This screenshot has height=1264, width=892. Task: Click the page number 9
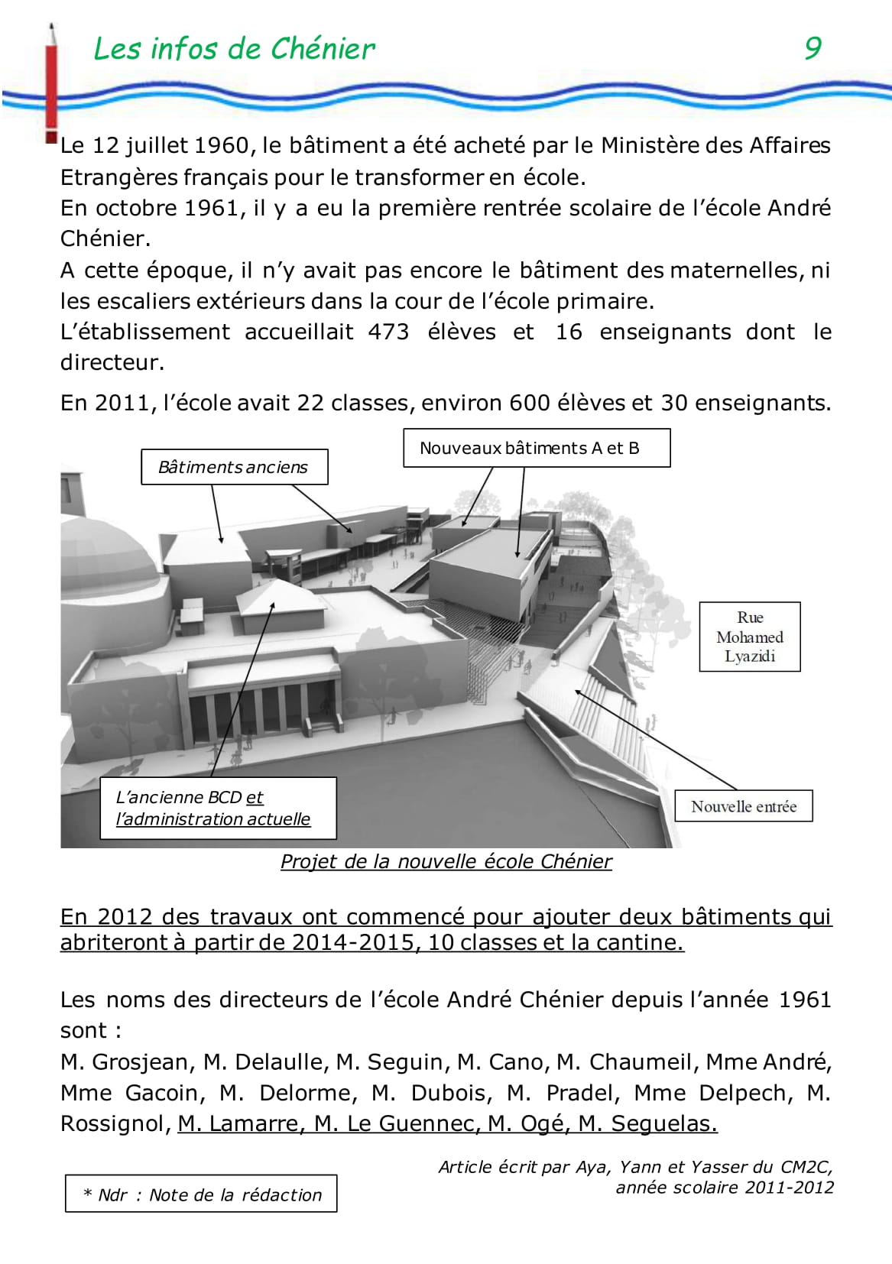(813, 48)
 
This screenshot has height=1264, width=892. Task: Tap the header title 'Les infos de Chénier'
(234, 49)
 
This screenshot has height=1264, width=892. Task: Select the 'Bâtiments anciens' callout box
(234, 467)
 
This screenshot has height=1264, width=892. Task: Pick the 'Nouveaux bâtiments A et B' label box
(537, 448)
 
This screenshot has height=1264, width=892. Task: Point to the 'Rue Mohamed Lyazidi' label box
(750, 637)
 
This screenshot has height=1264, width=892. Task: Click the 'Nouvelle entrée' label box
(743, 806)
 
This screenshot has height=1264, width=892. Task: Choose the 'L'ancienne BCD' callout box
(218, 808)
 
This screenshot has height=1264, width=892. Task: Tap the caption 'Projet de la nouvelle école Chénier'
(446, 861)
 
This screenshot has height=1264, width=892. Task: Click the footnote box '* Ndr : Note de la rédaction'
(201, 1194)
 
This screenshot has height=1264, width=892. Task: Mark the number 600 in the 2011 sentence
(530, 403)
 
